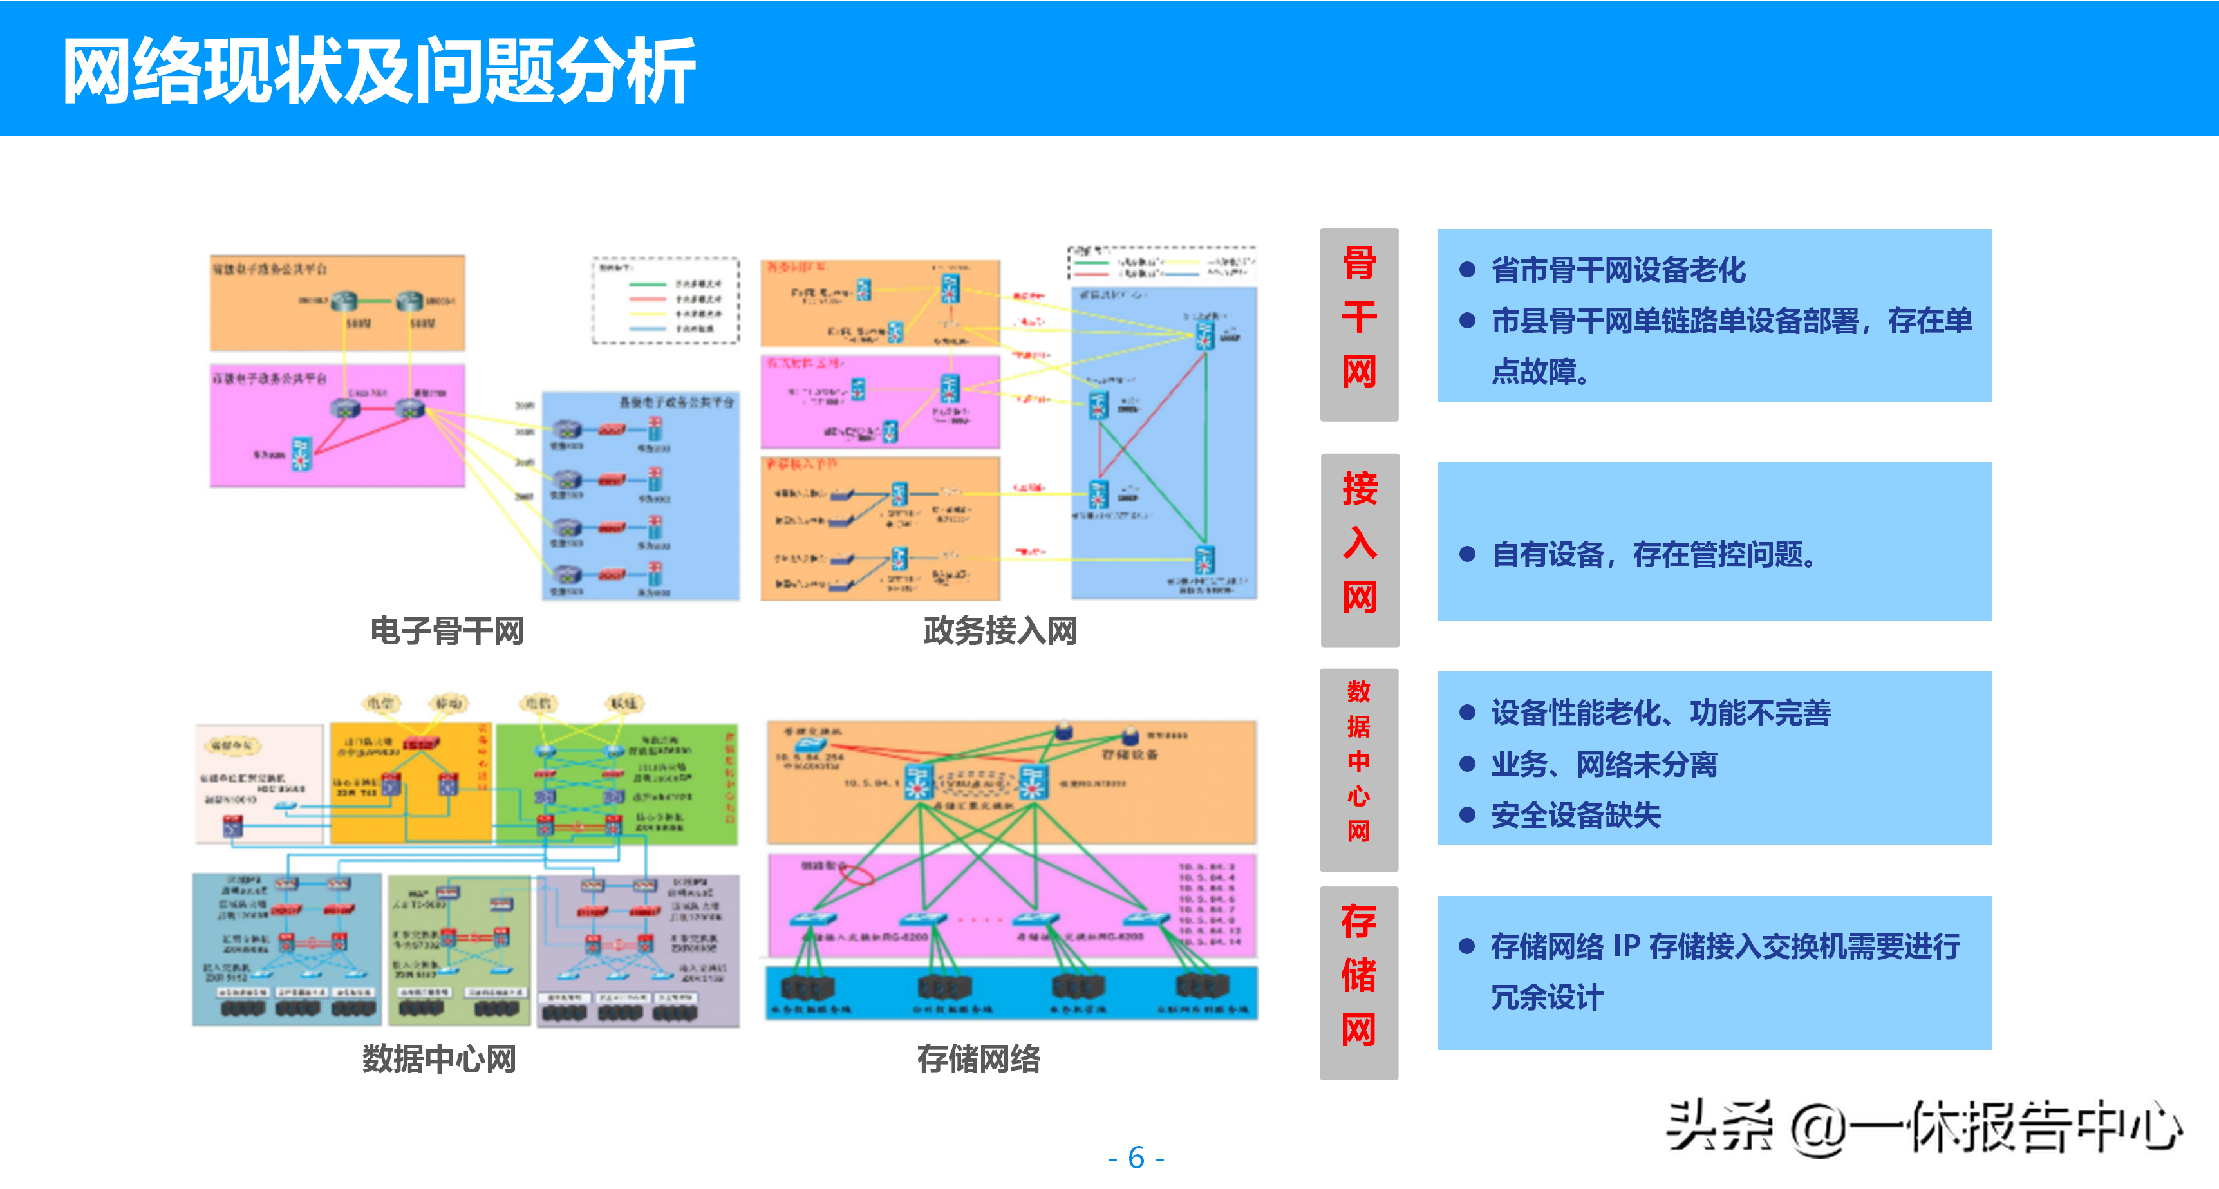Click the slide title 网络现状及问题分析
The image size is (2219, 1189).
point(379,71)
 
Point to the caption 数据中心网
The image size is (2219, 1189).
point(438,1058)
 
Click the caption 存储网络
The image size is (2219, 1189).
point(978,1058)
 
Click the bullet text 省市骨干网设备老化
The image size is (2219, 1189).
point(1618,270)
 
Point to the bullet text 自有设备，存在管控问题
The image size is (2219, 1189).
point(1654,554)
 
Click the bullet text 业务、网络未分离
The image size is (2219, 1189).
point(1604,764)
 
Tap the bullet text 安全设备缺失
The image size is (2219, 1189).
point(1575,815)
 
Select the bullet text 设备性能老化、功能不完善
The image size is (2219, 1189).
point(1661,713)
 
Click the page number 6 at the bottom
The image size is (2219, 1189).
point(1136,1157)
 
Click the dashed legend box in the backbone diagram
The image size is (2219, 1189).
point(665,300)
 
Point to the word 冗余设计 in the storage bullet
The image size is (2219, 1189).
point(1547,997)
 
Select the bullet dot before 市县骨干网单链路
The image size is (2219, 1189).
point(1468,321)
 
